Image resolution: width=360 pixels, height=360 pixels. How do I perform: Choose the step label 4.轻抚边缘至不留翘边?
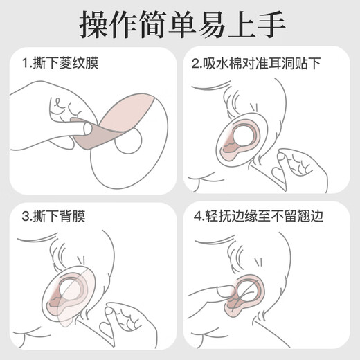[x=262, y=221]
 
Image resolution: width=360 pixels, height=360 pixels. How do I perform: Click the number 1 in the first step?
[x=24, y=65]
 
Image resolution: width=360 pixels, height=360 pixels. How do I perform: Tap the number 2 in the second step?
[x=197, y=65]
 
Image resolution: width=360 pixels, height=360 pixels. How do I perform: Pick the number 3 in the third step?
[x=24, y=221]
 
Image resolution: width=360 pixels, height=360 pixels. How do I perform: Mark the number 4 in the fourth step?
[x=197, y=221]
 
